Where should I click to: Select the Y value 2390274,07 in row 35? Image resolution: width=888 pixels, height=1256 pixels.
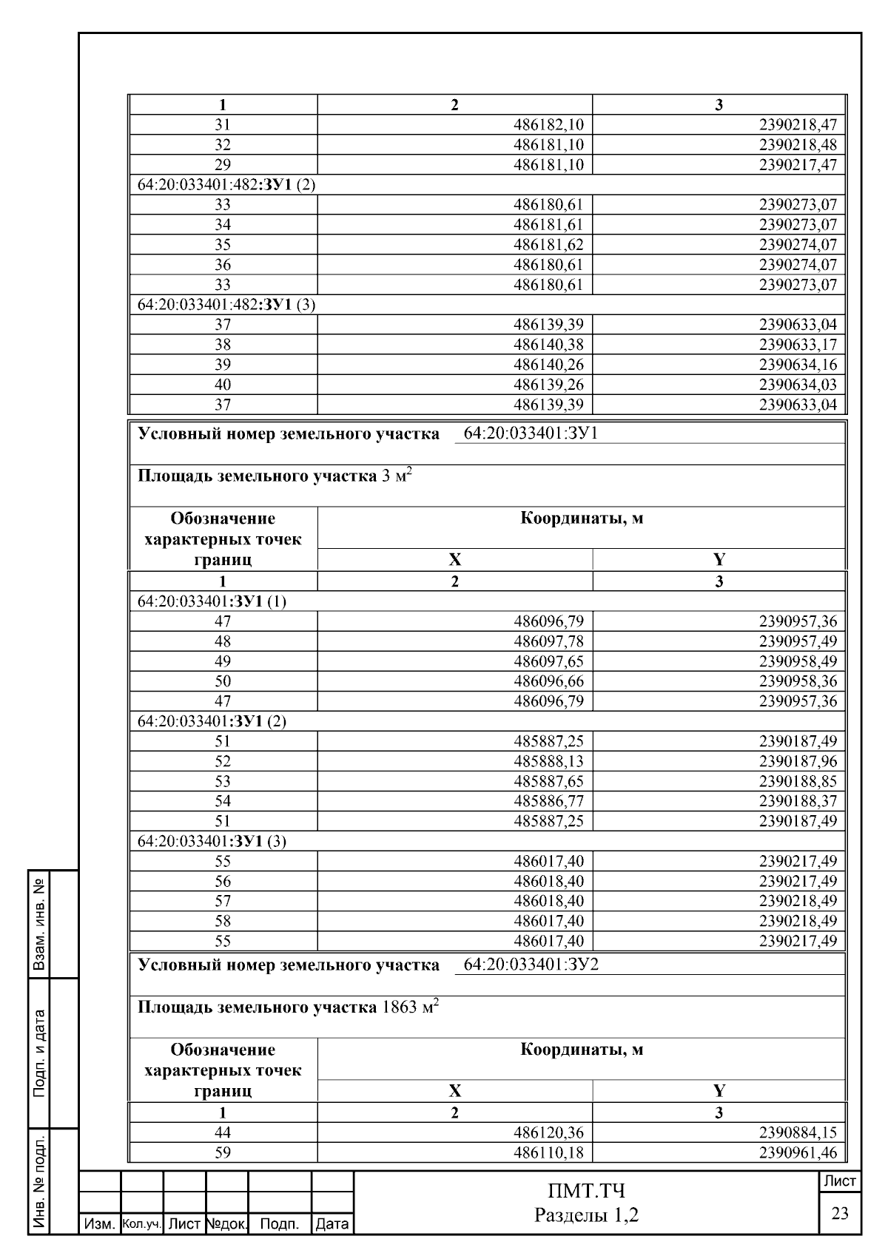click(x=797, y=245)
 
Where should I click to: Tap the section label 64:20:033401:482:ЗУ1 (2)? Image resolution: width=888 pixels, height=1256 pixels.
click(x=226, y=185)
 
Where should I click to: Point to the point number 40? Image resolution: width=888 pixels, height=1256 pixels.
click(x=223, y=385)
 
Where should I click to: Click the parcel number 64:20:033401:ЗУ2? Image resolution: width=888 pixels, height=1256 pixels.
click(x=531, y=965)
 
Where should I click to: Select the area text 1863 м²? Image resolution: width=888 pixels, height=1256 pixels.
click(x=409, y=1007)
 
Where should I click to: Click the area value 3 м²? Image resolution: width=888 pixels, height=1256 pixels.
click(x=396, y=476)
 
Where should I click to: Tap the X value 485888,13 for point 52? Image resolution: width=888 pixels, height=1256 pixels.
click(x=548, y=762)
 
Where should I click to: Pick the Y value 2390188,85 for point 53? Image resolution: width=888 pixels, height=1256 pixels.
click(x=797, y=782)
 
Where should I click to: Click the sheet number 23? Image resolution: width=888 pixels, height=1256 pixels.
click(x=840, y=1214)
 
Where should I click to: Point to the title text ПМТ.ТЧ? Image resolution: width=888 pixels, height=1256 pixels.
click(x=586, y=1192)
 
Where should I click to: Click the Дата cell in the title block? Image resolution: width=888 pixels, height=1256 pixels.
click(x=332, y=1225)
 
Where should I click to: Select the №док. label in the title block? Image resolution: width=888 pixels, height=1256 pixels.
click(x=226, y=1225)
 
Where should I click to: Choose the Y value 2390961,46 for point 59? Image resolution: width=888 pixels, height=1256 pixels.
click(x=797, y=1152)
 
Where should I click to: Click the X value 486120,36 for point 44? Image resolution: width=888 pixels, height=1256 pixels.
click(x=548, y=1132)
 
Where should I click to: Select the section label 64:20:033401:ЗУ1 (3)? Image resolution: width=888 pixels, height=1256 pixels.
click(x=212, y=842)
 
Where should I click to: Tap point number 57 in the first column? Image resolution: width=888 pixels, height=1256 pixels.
click(x=223, y=902)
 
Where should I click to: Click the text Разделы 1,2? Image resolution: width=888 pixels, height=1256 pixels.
click(x=586, y=1215)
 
